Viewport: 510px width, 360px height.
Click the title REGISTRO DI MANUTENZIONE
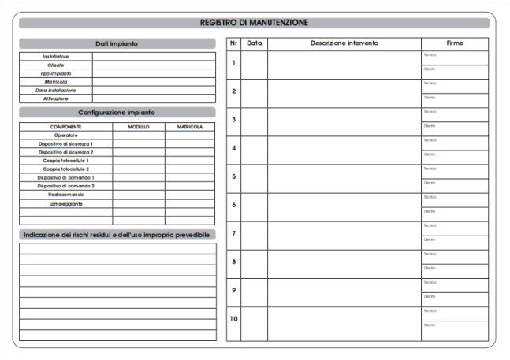pyautogui.click(x=254, y=23)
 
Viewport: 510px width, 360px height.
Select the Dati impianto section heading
pyautogui.click(x=117, y=43)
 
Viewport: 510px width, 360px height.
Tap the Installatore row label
pyautogui.click(x=56, y=56)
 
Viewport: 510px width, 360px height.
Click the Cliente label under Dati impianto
pyautogui.click(x=56, y=65)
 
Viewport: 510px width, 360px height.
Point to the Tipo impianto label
pyautogui.click(x=56, y=73)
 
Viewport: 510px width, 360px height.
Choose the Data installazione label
pyautogui.click(x=56, y=91)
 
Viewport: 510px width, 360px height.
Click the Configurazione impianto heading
pyautogui.click(x=117, y=113)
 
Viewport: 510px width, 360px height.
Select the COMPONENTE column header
pyautogui.click(x=66, y=126)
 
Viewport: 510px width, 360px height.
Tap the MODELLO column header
pyautogui.click(x=138, y=126)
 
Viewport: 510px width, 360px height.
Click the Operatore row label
pyautogui.click(x=66, y=135)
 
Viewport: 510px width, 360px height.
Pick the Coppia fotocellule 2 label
pyautogui.click(x=66, y=169)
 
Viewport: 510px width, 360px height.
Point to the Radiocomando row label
pyautogui.click(x=66, y=195)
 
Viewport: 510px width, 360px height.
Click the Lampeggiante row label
pyautogui.click(x=66, y=203)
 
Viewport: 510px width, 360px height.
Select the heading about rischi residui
pyautogui.click(x=117, y=235)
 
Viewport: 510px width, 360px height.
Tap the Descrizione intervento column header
pyautogui.click(x=344, y=43)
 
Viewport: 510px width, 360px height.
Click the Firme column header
pyautogui.click(x=455, y=43)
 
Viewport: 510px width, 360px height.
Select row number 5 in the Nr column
pyautogui.click(x=233, y=176)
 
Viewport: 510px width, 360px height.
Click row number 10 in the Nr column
pyautogui.click(x=233, y=318)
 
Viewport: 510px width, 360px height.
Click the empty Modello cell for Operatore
pyautogui.click(x=138, y=135)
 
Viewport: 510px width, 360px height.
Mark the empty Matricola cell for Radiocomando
pyautogui.click(x=189, y=195)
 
